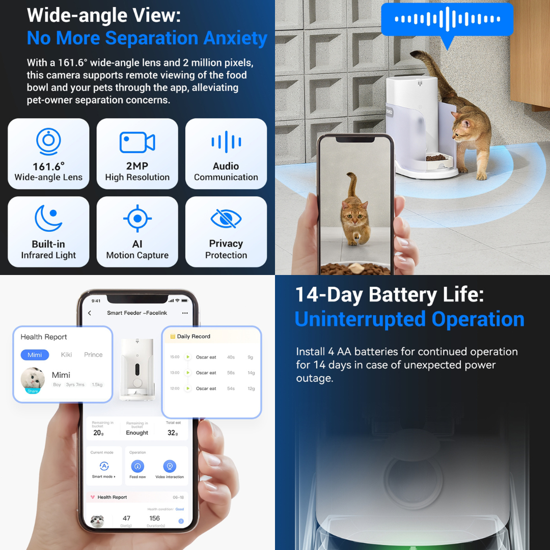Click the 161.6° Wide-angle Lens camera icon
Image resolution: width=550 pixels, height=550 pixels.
coord(48,141)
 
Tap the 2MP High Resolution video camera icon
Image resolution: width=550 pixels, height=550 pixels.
coord(137,142)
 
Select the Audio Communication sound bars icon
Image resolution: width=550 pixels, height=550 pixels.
coord(226,142)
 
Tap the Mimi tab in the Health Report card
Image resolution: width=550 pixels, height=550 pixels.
coord(35,355)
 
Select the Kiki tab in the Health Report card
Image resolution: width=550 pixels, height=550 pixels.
coord(67,355)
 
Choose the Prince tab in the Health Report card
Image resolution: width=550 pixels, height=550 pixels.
coord(93,355)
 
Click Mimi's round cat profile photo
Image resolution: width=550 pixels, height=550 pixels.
coord(33,379)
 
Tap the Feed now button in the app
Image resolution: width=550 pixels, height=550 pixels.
coord(137,466)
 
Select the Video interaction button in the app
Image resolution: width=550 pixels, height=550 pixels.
coord(170,466)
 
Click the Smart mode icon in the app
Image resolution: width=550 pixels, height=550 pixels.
coord(104,466)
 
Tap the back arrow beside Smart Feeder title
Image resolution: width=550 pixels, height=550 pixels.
coord(90,313)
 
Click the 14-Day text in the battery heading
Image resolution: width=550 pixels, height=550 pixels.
coord(329,295)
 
